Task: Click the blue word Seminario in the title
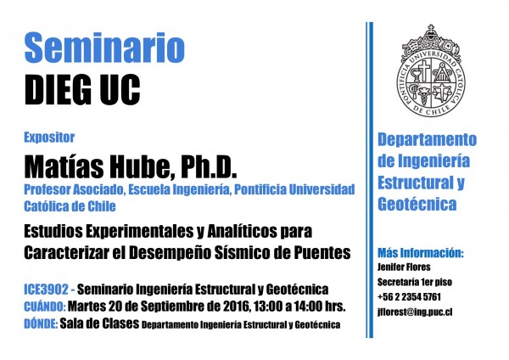click(x=104, y=48)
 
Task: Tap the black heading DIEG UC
click(x=82, y=90)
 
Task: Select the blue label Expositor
click(x=49, y=138)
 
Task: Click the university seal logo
click(x=431, y=70)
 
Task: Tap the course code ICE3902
click(x=46, y=290)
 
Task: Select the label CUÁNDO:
click(x=45, y=307)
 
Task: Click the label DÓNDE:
click(x=41, y=323)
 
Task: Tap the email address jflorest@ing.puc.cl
click(x=415, y=312)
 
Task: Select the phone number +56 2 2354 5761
click(x=409, y=296)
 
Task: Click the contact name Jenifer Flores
click(x=404, y=267)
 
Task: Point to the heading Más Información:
click(x=421, y=253)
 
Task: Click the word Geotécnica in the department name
click(x=417, y=204)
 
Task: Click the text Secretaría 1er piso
click(x=415, y=282)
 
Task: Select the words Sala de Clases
click(x=99, y=323)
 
